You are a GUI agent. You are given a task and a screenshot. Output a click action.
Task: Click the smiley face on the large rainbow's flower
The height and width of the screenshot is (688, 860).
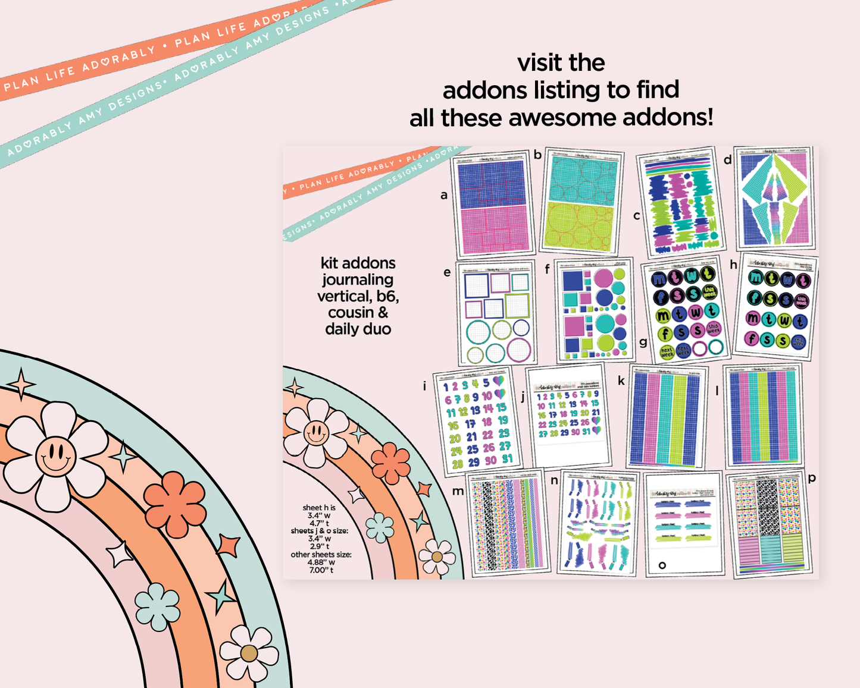[x=55, y=456]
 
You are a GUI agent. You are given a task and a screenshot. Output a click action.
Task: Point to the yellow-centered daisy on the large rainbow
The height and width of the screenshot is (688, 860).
[x=249, y=653]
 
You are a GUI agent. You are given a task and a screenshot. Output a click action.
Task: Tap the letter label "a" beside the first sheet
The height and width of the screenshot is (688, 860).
[x=444, y=195]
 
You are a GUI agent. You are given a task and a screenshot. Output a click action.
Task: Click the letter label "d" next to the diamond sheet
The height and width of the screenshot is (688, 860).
[x=727, y=160]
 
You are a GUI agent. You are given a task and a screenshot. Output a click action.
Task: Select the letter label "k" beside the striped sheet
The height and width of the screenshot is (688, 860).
[x=621, y=381]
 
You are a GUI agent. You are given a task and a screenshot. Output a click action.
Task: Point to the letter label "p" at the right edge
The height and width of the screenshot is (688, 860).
[x=812, y=477]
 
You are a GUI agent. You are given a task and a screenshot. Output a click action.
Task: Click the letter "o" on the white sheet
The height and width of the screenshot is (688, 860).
[x=662, y=565]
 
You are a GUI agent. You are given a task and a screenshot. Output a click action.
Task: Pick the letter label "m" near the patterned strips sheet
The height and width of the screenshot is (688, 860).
[x=458, y=491]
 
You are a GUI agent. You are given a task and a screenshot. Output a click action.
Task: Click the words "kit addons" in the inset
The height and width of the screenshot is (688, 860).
[x=358, y=263]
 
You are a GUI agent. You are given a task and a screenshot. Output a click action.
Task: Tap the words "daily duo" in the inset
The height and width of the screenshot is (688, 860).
[x=358, y=329]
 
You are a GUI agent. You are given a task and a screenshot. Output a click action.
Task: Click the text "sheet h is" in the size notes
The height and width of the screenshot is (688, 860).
[x=319, y=508]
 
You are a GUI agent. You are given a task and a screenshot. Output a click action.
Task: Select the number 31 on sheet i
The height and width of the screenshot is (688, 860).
[x=506, y=459]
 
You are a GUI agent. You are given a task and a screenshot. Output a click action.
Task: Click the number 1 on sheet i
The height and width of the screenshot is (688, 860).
[x=446, y=387]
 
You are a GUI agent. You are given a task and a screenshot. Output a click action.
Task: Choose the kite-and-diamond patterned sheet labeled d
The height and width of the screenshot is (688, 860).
[x=774, y=198]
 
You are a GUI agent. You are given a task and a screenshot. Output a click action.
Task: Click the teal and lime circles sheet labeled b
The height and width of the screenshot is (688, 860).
[x=581, y=201]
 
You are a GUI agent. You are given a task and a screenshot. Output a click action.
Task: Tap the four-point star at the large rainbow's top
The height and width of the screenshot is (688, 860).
[x=22, y=384]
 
